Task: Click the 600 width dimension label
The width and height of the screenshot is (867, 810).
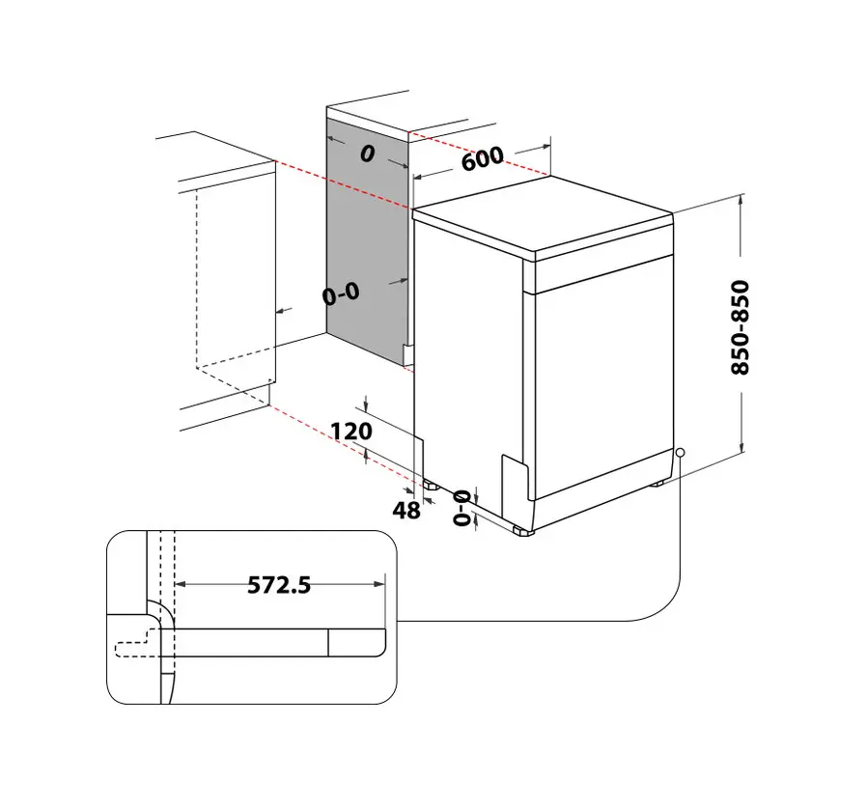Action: click(x=482, y=157)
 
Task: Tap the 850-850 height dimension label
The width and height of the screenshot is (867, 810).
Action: click(x=740, y=328)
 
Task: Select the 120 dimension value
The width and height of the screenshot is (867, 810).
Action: click(x=351, y=431)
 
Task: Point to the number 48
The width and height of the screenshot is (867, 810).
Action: click(x=407, y=511)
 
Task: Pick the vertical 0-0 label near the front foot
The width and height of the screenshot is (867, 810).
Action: click(x=462, y=508)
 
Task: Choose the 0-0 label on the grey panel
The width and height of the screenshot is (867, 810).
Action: click(x=341, y=293)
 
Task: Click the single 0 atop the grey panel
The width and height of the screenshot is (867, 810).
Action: click(x=367, y=154)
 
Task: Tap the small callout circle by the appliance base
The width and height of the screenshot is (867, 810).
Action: click(x=681, y=452)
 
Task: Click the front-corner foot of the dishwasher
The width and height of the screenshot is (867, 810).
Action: click(x=523, y=529)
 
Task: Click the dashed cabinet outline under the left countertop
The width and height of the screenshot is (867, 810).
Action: click(x=237, y=280)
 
